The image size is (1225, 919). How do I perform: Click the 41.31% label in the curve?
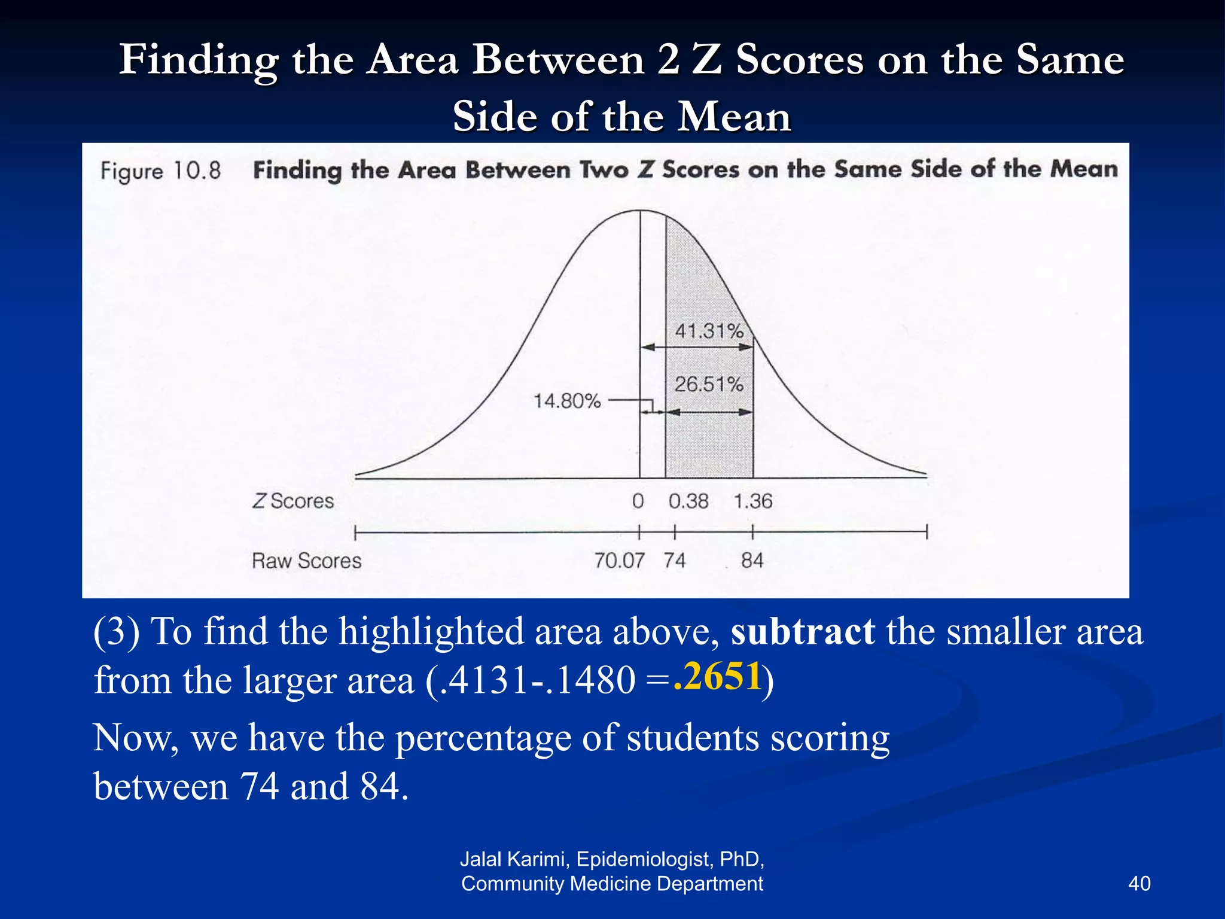click(x=709, y=331)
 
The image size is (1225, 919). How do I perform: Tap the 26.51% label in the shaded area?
click(x=709, y=384)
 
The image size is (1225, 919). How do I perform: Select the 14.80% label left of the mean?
click(x=567, y=401)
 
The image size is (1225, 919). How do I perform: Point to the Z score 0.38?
click(x=688, y=501)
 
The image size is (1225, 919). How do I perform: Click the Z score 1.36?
click(x=753, y=501)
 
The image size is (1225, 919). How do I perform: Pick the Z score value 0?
click(x=638, y=501)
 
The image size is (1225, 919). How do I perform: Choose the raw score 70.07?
click(x=619, y=561)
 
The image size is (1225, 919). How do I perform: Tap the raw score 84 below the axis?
click(x=752, y=561)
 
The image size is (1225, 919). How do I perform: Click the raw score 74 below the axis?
click(x=675, y=561)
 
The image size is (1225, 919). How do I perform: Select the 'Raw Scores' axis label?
click(x=306, y=561)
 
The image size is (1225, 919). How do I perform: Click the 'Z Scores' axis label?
click(x=293, y=501)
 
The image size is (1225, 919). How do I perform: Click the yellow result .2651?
click(x=717, y=677)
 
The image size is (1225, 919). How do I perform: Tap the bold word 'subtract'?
click(x=803, y=632)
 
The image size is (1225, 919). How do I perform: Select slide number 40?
click(x=1139, y=884)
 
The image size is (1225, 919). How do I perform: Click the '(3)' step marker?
click(x=117, y=632)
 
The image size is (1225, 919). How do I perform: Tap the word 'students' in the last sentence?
click(x=693, y=738)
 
